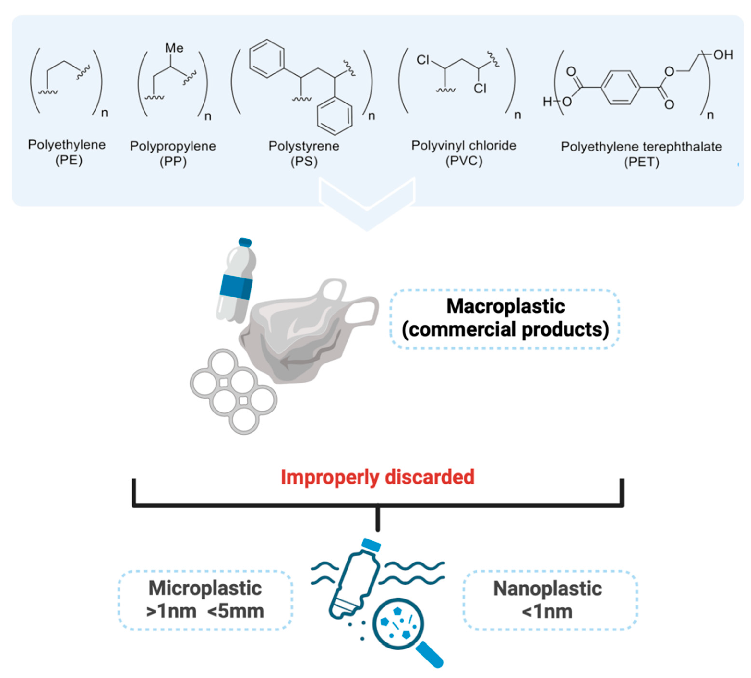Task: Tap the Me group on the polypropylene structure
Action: [174, 48]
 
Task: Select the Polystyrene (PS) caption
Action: [304, 153]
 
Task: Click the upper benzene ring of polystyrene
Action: [267, 59]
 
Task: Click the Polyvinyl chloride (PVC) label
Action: [463, 153]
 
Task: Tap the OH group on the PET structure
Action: [723, 55]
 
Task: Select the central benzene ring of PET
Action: [620, 88]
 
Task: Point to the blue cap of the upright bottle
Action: [245, 242]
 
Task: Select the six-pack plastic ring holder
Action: [234, 391]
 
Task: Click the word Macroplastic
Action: [505, 306]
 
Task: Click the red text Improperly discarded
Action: [377, 477]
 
